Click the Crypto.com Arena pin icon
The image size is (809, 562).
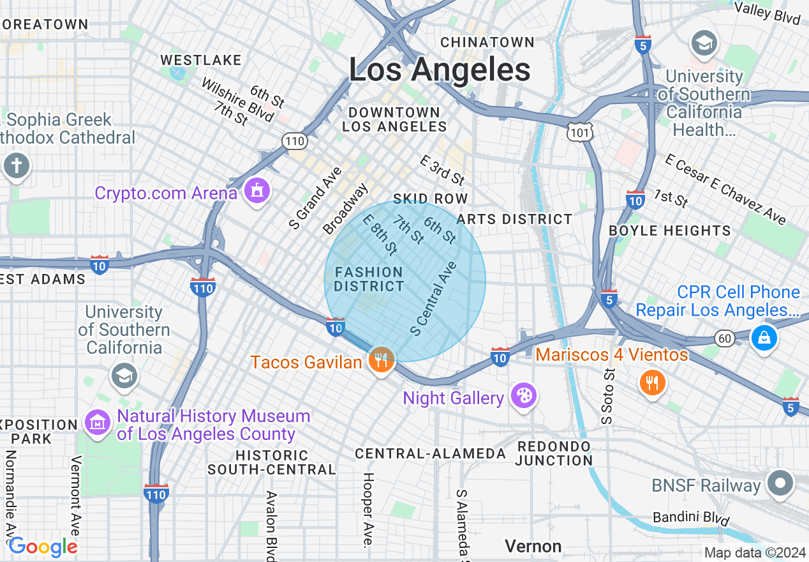tap(256, 190)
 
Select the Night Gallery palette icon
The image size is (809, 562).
tap(523, 396)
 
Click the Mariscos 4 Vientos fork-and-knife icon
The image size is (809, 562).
tap(652, 383)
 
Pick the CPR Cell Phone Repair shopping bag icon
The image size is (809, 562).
tap(764, 337)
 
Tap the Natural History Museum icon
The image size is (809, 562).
tap(98, 423)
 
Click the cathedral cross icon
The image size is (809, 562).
tap(16, 166)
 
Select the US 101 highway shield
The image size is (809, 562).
tap(580, 132)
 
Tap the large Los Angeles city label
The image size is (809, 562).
tap(440, 70)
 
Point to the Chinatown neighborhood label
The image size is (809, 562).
tap(487, 42)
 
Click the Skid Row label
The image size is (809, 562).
tap(431, 199)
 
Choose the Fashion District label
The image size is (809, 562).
tap(369, 279)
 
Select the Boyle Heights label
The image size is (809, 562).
tap(670, 231)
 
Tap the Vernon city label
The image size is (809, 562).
tap(533, 546)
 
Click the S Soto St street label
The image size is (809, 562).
tap(607, 396)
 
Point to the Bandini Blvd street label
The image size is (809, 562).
tap(691, 517)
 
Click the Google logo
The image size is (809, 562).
tap(43, 547)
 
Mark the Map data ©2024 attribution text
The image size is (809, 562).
tap(755, 552)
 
